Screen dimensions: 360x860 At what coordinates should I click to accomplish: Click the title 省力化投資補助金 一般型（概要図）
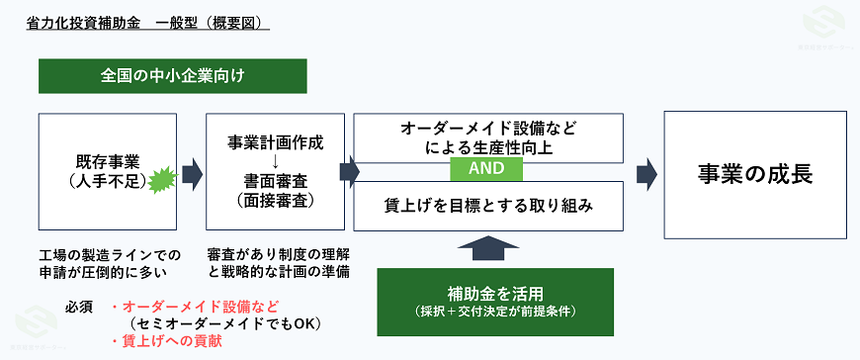[x=147, y=21]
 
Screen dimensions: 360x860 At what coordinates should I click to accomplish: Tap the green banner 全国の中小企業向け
[x=172, y=75]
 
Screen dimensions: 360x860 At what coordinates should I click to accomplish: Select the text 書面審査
[x=276, y=180]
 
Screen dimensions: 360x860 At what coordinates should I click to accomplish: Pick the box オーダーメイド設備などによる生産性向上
[x=488, y=137]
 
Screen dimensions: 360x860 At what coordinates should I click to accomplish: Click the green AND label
[x=488, y=169]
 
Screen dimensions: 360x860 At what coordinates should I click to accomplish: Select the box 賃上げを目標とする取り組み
[x=488, y=206]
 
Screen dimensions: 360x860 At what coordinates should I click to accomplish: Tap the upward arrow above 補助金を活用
[x=488, y=247]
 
